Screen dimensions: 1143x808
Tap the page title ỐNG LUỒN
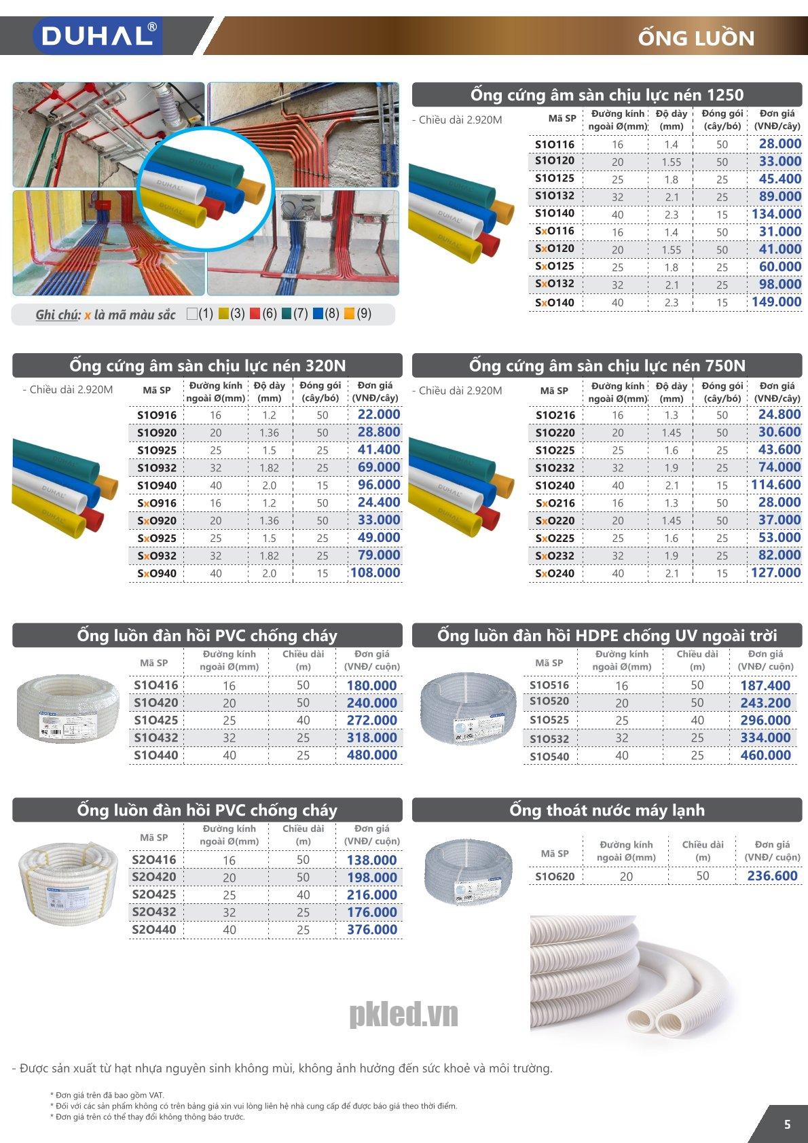696,38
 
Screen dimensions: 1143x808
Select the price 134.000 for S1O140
776,214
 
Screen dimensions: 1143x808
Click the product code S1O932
157,468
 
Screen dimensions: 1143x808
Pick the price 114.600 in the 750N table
776,485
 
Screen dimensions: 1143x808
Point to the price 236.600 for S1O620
772,876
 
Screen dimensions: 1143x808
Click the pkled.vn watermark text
403,1015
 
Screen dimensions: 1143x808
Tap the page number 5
787,1124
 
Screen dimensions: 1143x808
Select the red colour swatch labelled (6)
255,314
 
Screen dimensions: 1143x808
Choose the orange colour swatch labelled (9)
350,314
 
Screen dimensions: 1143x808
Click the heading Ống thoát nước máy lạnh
607,810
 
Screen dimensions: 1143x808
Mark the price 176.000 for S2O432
371,912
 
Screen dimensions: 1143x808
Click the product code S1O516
549,685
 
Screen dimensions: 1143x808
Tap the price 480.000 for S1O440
371,755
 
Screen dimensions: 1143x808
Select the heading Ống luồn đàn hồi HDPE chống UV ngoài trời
607,636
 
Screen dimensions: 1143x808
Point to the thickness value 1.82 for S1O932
269,468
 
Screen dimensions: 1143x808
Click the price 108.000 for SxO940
375,573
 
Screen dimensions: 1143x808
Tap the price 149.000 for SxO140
776,302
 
